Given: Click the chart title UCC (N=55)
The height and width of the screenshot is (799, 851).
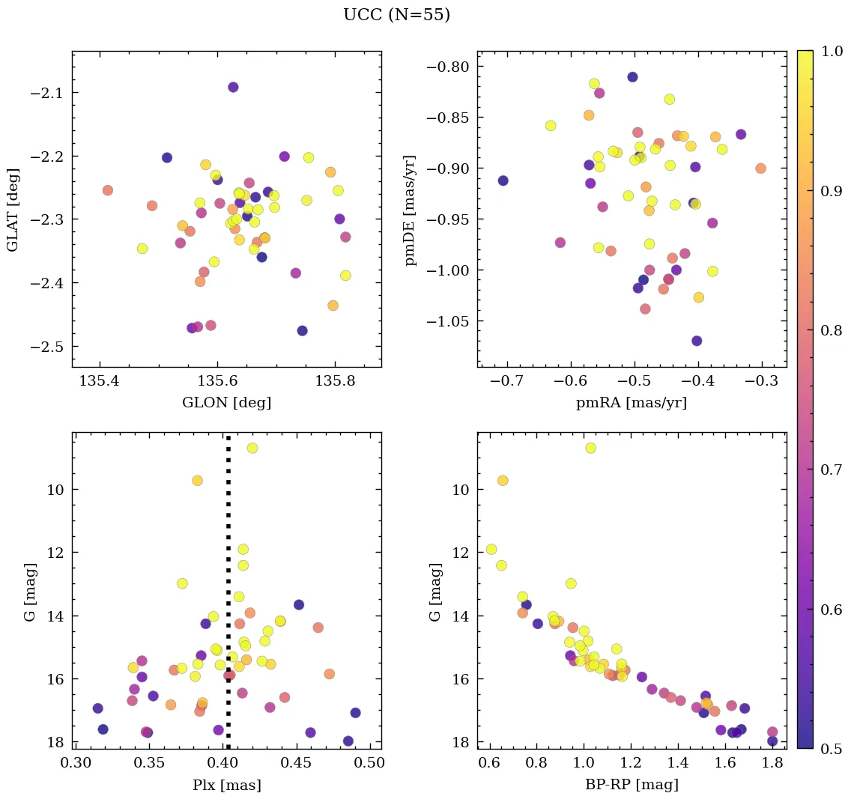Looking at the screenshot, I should click(x=396, y=15).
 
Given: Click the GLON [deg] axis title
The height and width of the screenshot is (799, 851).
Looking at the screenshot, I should click(x=226, y=403).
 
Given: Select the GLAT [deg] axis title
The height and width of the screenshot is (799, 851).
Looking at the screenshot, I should click(x=13, y=209).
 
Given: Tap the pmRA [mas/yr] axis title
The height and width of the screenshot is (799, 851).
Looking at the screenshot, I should click(x=631, y=403).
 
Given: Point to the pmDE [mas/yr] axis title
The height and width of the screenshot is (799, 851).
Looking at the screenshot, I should click(x=411, y=210).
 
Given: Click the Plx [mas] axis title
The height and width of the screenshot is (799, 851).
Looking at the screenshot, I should click(x=226, y=786).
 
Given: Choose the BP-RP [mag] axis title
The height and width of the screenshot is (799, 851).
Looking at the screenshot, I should click(x=631, y=786).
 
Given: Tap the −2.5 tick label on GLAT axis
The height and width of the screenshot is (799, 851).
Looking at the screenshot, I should click(x=49, y=347).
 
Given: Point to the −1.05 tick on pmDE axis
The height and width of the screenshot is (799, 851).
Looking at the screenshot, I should click(x=449, y=321).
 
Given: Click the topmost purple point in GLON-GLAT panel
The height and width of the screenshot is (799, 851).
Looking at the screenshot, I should click(x=233, y=87).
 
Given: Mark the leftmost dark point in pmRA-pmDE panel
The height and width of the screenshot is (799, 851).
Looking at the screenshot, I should click(x=503, y=180).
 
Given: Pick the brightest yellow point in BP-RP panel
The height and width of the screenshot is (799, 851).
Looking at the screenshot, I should click(x=590, y=448).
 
